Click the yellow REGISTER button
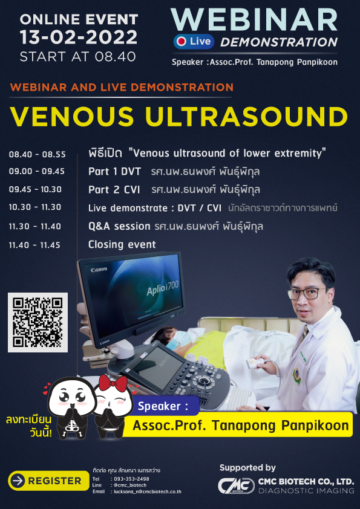(x=48, y=481)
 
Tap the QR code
(x=38, y=322)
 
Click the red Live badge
(x=194, y=42)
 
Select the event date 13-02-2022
(x=78, y=37)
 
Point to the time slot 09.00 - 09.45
(x=37, y=172)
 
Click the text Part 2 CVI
(x=114, y=190)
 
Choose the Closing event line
(x=122, y=244)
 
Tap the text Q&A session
(x=119, y=226)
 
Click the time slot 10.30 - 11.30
(x=35, y=207)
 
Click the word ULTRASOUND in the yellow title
(x=247, y=117)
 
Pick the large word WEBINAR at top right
(x=254, y=20)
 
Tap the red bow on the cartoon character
(x=113, y=384)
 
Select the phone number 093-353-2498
(x=130, y=479)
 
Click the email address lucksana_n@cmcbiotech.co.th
(x=148, y=491)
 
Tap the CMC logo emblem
(x=236, y=486)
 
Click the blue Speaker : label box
(x=165, y=406)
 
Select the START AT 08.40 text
(x=78, y=57)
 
